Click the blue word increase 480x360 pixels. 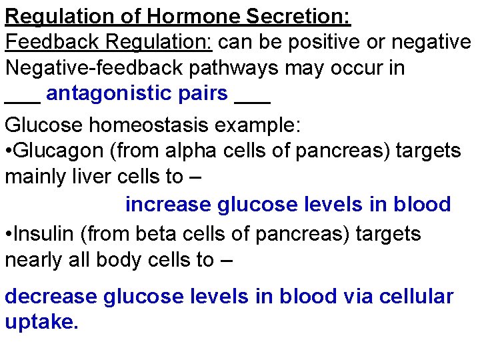point(168,204)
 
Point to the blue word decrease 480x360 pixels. point(51,297)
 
